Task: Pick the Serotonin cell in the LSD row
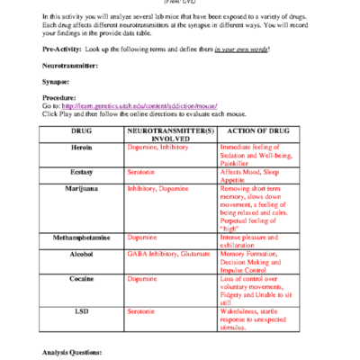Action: (142, 310)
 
